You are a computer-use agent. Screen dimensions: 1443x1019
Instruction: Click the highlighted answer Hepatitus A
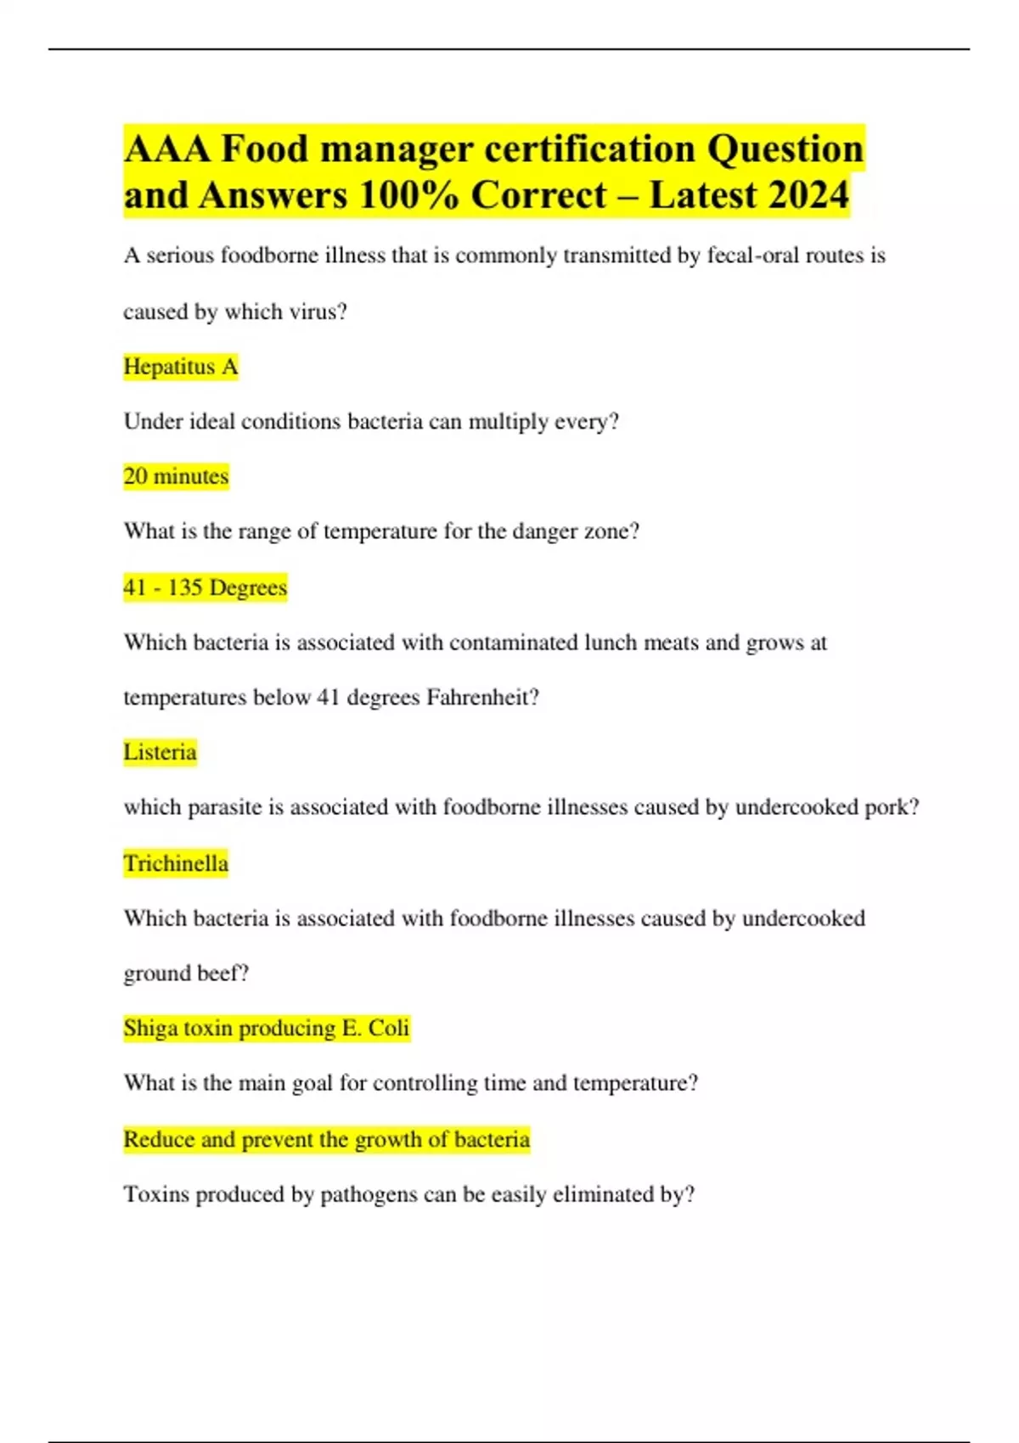180,367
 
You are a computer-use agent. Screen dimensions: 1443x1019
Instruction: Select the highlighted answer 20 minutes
176,476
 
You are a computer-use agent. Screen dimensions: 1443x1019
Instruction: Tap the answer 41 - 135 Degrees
205,587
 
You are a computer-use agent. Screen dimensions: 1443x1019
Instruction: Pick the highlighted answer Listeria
160,752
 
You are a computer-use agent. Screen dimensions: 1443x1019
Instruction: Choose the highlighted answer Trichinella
176,863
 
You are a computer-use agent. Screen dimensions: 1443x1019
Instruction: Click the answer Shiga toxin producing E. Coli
266,1028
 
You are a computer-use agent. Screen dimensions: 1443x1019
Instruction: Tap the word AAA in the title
167,149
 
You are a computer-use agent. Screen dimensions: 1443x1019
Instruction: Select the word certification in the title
590,149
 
